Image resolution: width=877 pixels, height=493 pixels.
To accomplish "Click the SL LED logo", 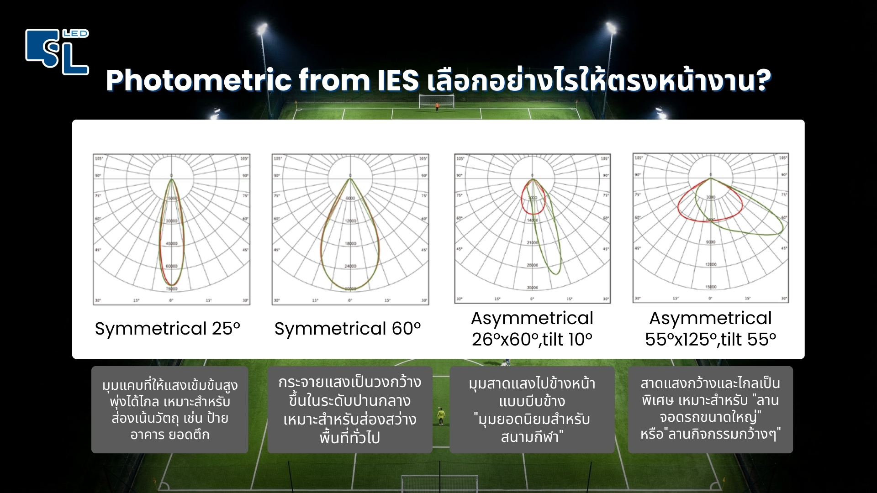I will [x=57, y=51].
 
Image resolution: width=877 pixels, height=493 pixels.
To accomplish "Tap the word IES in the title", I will [x=398, y=80].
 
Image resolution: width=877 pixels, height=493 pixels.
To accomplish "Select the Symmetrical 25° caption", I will [x=167, y=329].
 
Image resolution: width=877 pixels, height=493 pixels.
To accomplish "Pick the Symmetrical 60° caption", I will [x=347, y=329].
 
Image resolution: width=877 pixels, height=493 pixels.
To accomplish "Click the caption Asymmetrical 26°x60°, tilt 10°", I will [x=532, y=329].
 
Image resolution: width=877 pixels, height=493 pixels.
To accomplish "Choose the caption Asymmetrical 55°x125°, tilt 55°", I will [x=710, y=329].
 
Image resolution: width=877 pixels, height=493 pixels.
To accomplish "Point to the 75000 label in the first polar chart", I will [x=171, y=289].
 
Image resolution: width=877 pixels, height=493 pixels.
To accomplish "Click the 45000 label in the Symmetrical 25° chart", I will [x=171, y=244].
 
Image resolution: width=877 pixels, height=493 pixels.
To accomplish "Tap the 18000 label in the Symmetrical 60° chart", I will [x=350, y=244].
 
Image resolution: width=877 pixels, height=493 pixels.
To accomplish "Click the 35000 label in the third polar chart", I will [x=533, y=288].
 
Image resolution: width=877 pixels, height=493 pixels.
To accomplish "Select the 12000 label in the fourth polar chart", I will [x=711, y=264].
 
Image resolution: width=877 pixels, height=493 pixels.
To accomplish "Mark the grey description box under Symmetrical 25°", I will [x=169, y=409].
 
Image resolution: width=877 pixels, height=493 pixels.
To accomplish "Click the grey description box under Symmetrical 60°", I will [x=349, y=409].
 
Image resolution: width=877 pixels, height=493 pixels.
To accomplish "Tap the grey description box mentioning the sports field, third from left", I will [x=532, y=409].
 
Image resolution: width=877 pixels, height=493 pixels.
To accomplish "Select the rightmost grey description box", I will [x=710, y=409].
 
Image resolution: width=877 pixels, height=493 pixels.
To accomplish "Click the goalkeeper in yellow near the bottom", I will [x=441, y=415].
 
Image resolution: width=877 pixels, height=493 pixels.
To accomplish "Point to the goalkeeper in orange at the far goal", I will [x=437, y=108].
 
